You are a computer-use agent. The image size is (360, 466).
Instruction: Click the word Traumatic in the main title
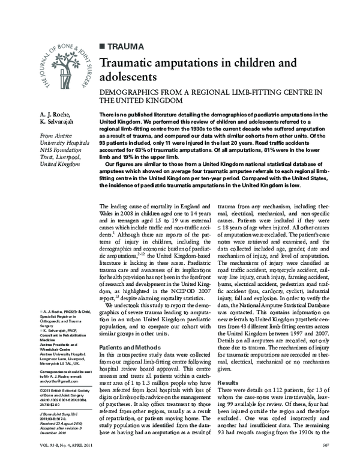click(129, 62)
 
